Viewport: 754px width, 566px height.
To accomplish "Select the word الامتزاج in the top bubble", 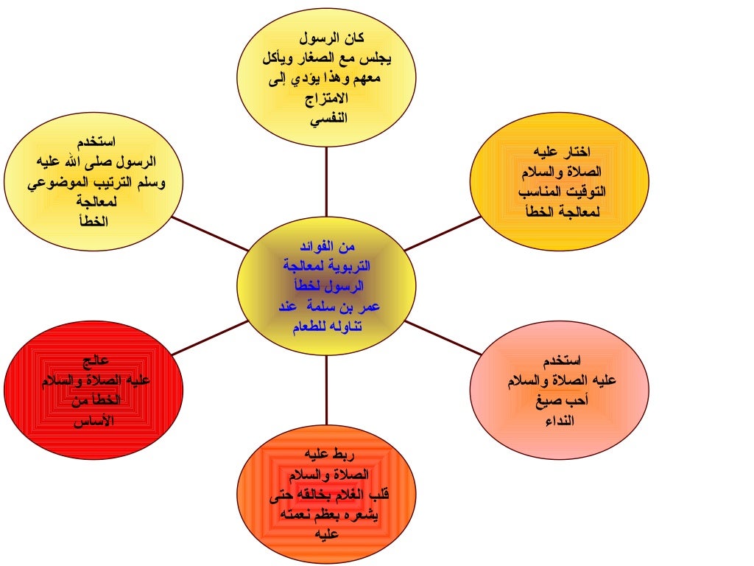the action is (326, 97).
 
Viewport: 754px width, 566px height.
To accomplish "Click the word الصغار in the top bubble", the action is (324, 57).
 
